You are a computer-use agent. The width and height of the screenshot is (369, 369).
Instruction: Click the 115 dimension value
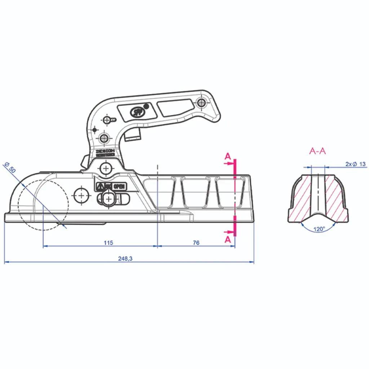coord(108,243)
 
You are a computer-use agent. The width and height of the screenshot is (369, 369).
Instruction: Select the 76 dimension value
coord(196,243)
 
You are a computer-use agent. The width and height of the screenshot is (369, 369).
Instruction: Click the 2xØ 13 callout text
coord(355,164)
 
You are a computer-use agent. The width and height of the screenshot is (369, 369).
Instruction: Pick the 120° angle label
coord(319,229)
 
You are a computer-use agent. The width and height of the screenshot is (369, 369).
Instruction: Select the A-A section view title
coord(317,151)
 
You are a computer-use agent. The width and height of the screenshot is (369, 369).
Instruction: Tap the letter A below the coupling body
coord(227,239)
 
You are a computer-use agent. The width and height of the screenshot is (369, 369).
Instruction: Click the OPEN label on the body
coord(119,186)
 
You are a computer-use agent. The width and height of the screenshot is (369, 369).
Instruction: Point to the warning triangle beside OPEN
coord(100,186)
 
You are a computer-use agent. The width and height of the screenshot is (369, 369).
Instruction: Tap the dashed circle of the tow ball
coord(43,204)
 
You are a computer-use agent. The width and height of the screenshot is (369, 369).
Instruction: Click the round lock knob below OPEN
coord(108,198)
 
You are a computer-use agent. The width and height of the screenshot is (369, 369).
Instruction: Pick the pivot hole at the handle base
coord(106,168)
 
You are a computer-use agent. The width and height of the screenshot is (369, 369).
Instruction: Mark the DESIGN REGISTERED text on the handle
coord(105,152)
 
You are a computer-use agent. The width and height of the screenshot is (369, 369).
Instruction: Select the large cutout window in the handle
coord(175,107)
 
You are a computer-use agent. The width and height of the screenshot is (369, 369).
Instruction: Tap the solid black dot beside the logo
coord(146,106)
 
